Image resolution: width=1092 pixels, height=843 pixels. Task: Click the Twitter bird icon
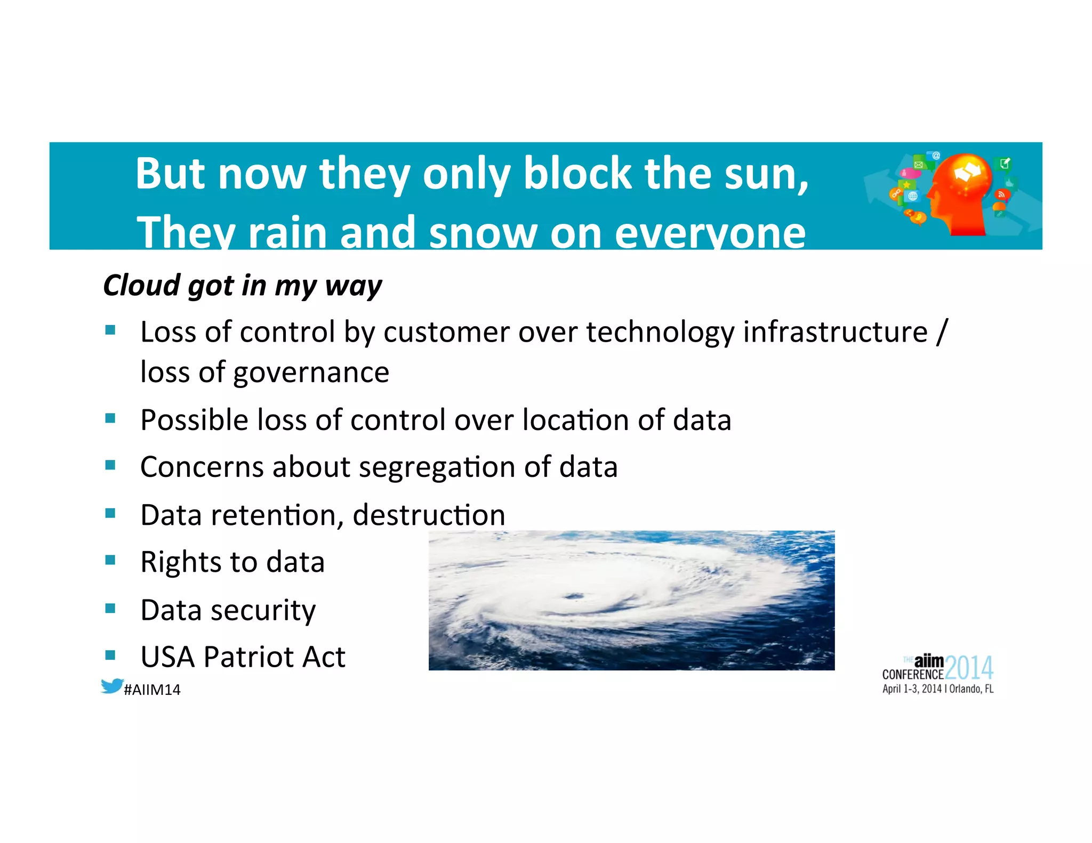point(112,686)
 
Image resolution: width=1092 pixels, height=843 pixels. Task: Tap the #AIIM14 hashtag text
point(152,690)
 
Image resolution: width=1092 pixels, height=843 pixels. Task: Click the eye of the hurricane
point(574,596)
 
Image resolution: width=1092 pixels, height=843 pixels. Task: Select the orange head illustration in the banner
point(960,194)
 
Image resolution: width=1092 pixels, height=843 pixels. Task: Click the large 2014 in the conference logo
point(969,668)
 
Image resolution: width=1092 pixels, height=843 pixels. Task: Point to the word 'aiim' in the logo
point(929,661)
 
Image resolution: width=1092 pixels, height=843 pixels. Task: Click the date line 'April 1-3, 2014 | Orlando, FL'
point(937,689)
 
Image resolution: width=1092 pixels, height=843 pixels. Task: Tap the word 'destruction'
point(429,515)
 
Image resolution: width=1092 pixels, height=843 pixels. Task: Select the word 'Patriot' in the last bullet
point(248,656)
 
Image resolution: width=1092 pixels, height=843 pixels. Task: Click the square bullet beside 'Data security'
point(110,608)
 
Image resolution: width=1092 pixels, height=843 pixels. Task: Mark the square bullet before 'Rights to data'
point(110,560)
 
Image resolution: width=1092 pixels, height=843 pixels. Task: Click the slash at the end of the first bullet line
point(941,332)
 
